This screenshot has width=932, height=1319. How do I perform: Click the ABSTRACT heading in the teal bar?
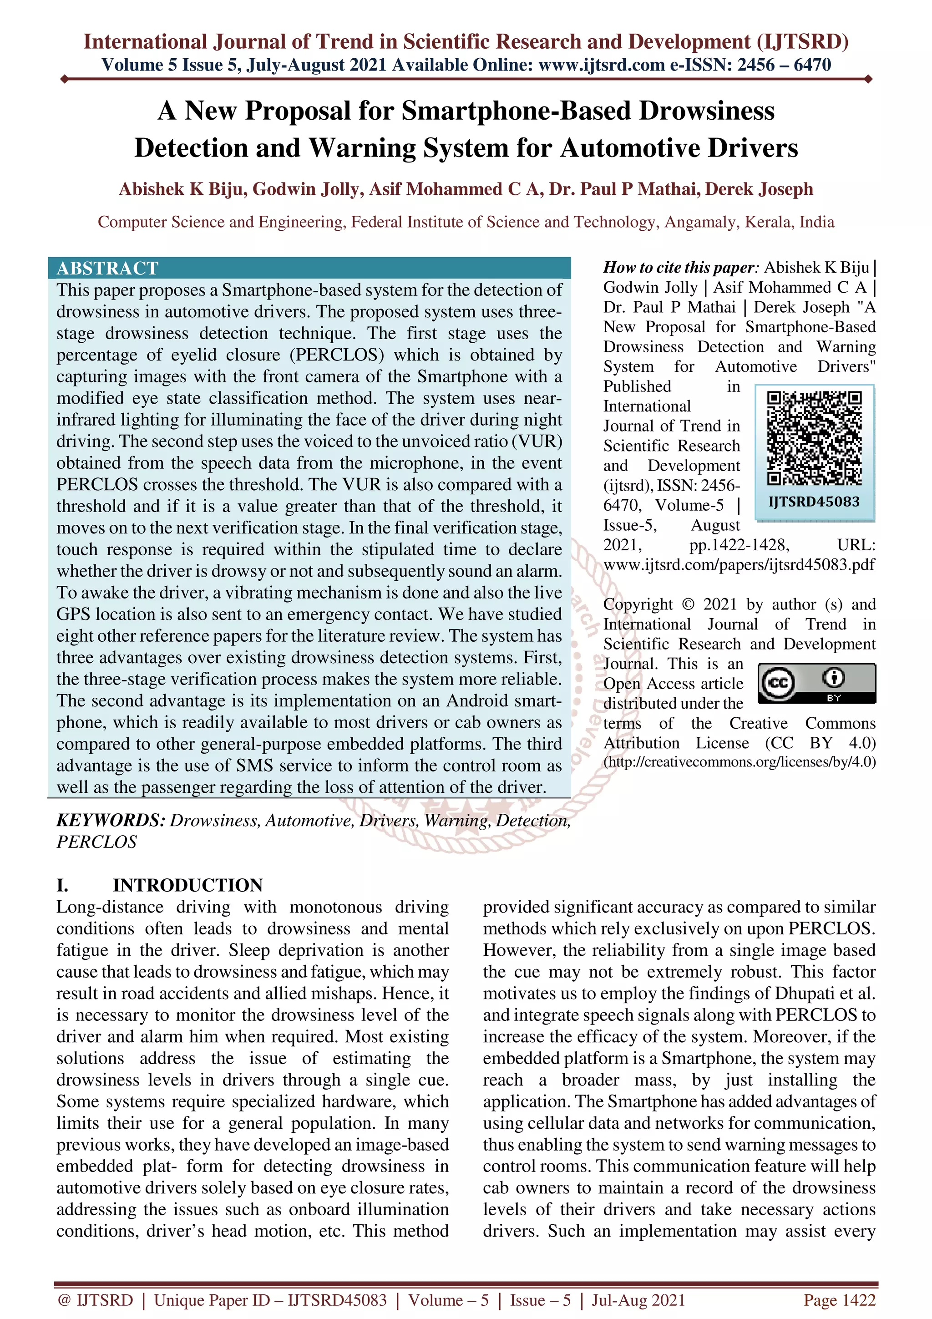pos(107,268)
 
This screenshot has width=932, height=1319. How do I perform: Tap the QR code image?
pos(814,438)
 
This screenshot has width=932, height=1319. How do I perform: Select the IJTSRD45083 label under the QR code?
pos(814,502)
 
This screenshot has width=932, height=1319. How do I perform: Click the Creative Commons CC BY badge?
pos(816,683)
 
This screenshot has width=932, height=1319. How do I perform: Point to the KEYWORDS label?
pos(110,820)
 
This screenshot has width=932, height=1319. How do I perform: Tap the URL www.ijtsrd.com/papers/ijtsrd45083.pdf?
pos(739,565)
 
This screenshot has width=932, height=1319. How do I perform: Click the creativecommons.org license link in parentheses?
pos(739,762)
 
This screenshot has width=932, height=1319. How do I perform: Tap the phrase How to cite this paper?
pos(680,268)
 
